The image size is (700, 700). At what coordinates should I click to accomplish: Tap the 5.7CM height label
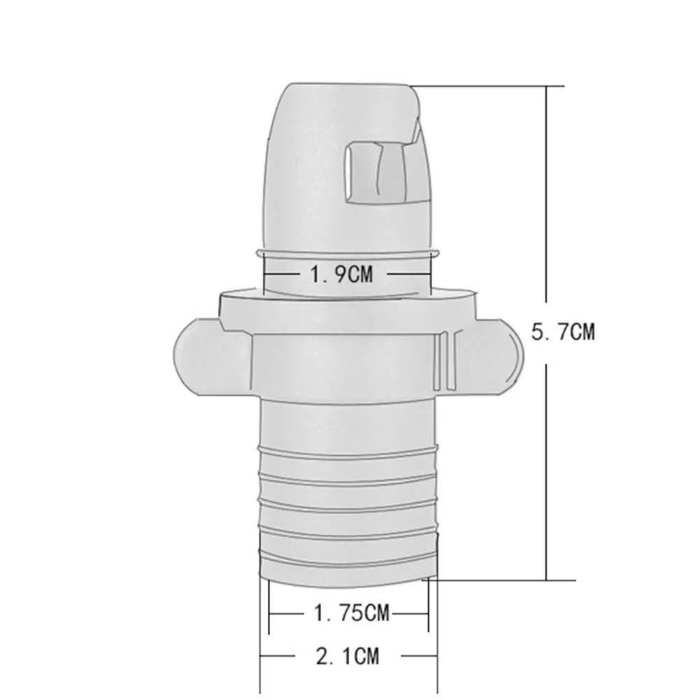tap(563, 331)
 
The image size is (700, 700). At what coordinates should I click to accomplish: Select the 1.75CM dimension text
tap(349, 615)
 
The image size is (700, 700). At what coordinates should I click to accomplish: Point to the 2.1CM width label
tap(348, 656)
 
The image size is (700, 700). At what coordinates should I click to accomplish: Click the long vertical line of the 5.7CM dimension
tap(546, 210)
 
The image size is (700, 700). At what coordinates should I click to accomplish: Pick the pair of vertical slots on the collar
tap(441, 360)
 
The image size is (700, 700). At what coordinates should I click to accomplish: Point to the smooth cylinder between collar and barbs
tap(347, 420)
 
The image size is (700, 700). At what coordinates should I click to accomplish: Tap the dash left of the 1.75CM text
tap(288, 615)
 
